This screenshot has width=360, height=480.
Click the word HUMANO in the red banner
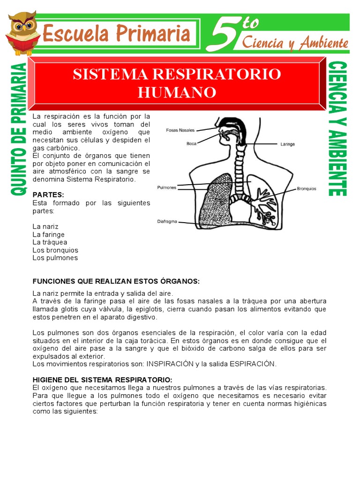(x=177, y=92)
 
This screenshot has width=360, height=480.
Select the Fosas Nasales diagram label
(x=180, y=130)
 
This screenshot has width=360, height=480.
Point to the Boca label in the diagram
(x=191, y=144)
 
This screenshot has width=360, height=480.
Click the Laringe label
(x=287, y=144)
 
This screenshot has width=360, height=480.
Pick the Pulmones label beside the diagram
(x=166, y=187)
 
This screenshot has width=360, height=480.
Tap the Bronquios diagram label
(x=307, y=189)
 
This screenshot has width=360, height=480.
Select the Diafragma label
(x=167, y=221)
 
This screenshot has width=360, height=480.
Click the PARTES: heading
(x=48, y=195)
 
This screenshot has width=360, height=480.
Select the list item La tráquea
(x=50, y=242)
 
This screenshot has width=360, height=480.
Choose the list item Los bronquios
(x=55, y=250)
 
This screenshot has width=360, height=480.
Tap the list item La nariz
(x=45, y=226)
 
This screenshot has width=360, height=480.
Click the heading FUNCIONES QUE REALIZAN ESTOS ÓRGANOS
(x=116, y=281)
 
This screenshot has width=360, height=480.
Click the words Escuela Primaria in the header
(x=116, y=34)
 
